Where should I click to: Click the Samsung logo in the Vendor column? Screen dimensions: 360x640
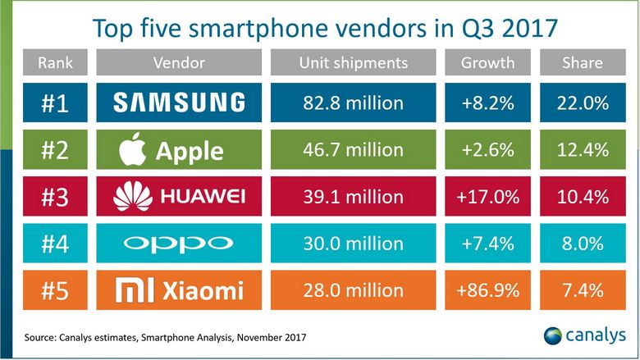coord(179,103)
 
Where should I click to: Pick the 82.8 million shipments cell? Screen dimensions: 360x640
coord(352,103)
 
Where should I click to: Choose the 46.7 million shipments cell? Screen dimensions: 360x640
coord(352,150)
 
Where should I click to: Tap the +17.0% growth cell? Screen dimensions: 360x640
coord(487,196)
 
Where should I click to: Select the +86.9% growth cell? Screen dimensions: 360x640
coord(487,290)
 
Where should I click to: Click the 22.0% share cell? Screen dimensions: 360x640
coord(582,103)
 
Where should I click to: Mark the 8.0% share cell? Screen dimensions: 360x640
coord(582,243)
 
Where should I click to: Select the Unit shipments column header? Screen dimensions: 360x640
coord(352,63)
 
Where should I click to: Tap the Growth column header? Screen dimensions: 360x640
coord(487,63)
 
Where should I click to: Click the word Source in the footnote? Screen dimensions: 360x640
coord(40,336)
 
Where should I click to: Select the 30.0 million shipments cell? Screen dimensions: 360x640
coord(352,243)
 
